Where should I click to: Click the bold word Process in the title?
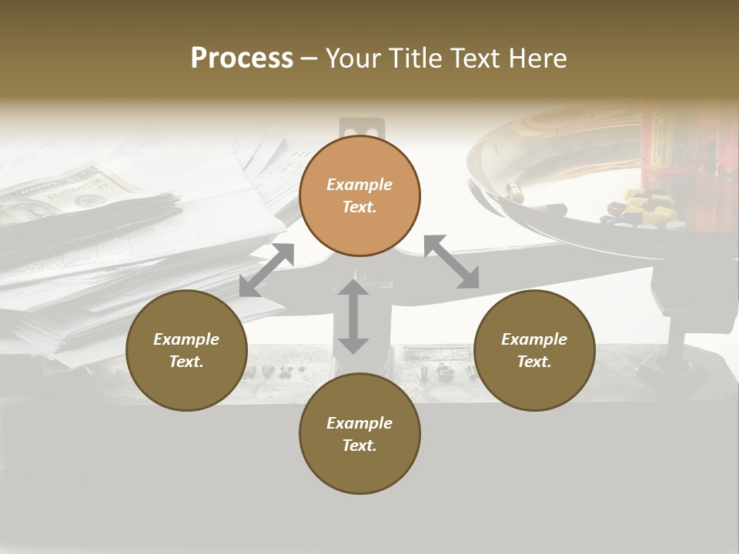pyautogui.click(x=242, y=58)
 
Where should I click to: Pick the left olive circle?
pyautogui.click(x=186, y=350)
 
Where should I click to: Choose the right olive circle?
pyautogui.click(x=534, y=350)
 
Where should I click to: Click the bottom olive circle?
pyautogui.click(x=359, y=433)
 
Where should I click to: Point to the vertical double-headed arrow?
pyautogui.click(x=353, y=316)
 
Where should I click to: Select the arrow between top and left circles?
pyautogui.click(x=266, y=269)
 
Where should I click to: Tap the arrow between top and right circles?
pyautogui.click(x=451, y=262)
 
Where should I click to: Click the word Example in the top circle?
pyautogui.click(x=359, y=185)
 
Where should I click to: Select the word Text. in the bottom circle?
pyautogui.click(x=359, y=446)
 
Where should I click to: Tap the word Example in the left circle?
pyautogui.click(x=186, y=339)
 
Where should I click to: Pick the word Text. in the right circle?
pyautogui.click(x=534, y=362)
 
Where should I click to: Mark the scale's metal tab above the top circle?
pyautogui.click(x=360, y=128)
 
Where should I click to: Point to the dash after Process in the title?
pyautogui.click(x=309, y=58)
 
